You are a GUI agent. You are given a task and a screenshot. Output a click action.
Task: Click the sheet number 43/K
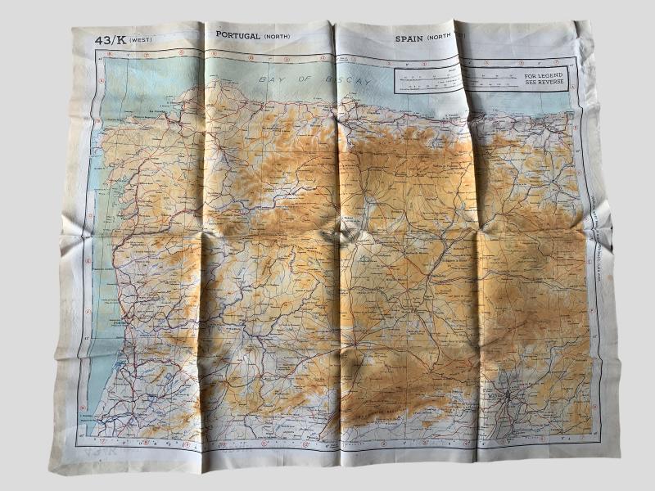coord(108,39)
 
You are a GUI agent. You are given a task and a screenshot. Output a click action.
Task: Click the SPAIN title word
coord(409,38)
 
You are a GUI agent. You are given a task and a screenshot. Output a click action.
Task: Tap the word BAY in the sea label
coord(270,79)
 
